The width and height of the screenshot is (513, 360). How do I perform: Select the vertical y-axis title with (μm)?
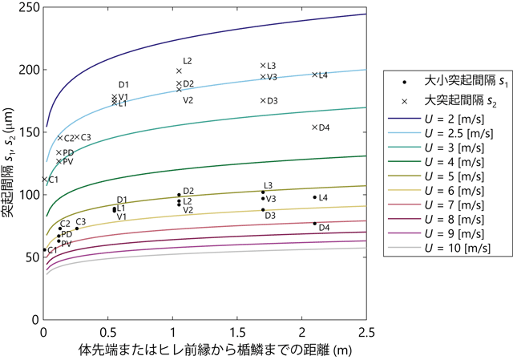click(10, 160)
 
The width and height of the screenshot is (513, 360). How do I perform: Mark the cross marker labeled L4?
click(314, 75)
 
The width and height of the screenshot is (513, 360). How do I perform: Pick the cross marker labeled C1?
click(45, 180)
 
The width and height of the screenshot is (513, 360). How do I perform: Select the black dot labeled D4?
click(314, 224)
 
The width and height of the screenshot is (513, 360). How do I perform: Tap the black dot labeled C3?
click(77, 229)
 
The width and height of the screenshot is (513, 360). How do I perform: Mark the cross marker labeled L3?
click(263, 66)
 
